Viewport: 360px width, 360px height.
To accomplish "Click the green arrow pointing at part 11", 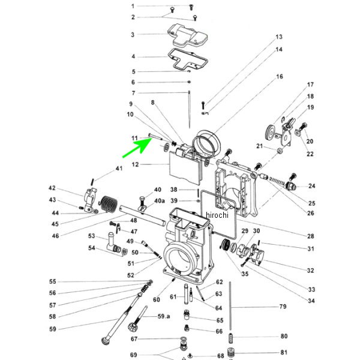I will click(x=136, y=148).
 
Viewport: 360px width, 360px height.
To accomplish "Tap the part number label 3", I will click(x=133, y=35).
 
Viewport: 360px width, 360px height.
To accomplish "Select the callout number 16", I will click(x=279, y=77).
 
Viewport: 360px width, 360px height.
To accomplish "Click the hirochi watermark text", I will click(x=218, y=215).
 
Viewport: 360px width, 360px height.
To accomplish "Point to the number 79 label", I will click(x=283, y=307).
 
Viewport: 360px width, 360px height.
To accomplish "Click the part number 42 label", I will click(x=52, y=188).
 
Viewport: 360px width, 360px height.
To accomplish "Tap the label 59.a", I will click(x=164, y=316).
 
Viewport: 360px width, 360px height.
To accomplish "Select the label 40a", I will click(x=160, y=200).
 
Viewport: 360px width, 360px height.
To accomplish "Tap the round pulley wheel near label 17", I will click(x=269, y=133).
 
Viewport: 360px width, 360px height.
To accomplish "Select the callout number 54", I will click(x=92, y=248).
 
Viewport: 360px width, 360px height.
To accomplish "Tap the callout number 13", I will click(x=279, y=37).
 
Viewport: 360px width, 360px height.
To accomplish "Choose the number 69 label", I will click(x=133, y=354).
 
